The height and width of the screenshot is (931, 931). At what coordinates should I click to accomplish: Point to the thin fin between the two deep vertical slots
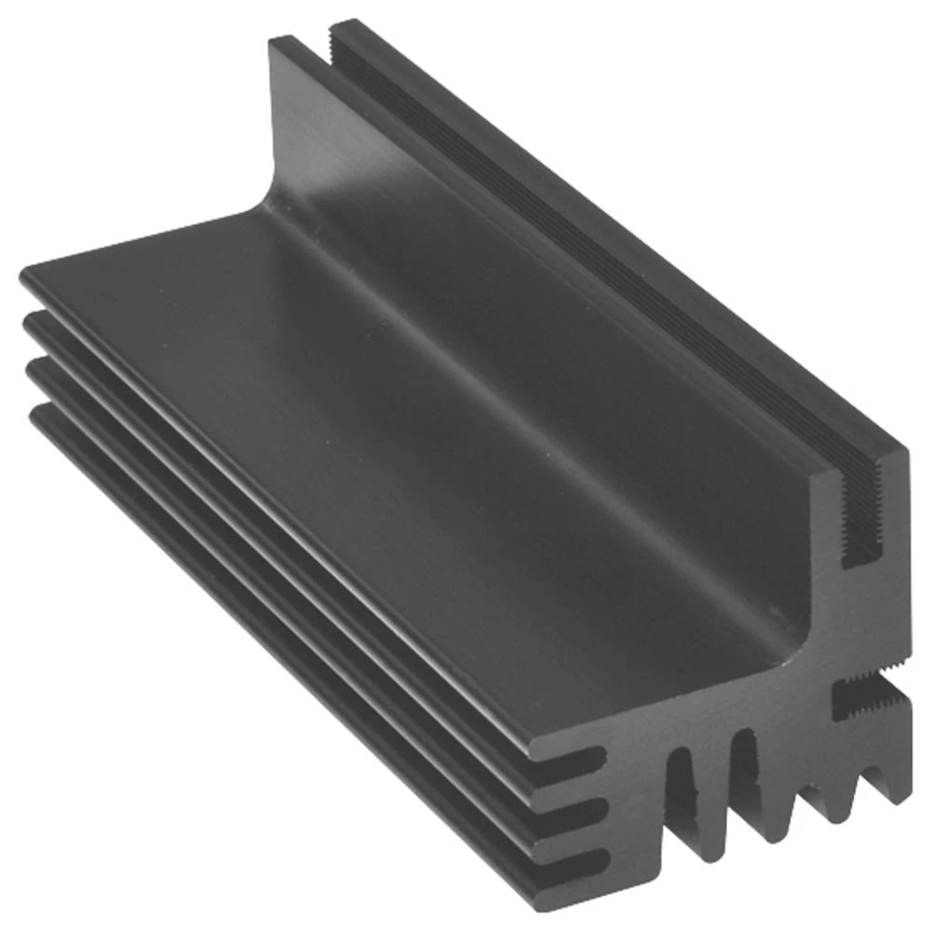click(713, 791)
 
